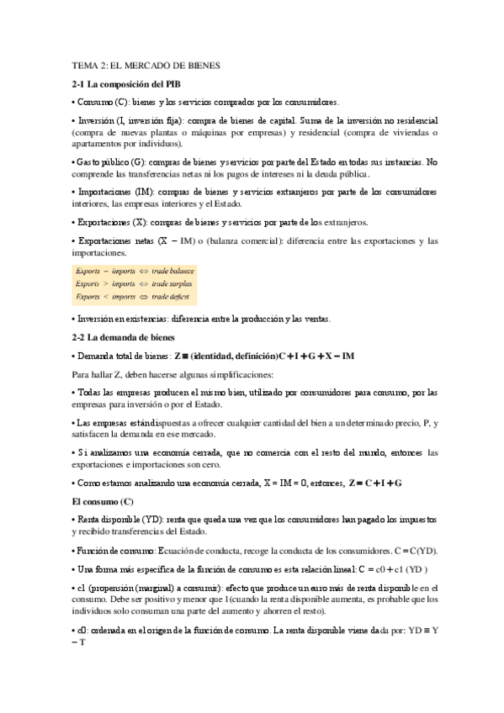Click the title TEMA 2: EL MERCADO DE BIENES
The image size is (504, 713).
[x=145, y=65]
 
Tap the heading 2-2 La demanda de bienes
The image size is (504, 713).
[x=123, y=337]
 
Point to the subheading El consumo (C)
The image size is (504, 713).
[x=98, y=501]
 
